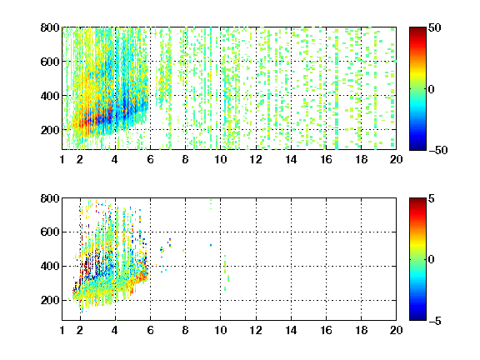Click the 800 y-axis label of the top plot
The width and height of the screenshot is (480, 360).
(x=50, y=27)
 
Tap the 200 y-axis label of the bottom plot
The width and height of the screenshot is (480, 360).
(x=50, y=300)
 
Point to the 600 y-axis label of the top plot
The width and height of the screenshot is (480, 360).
(x=50, y=62)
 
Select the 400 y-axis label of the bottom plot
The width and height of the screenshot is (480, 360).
(x=50, y=266)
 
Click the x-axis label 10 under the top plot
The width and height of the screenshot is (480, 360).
(x=220, y=159)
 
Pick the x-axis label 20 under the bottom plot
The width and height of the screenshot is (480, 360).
(x=396, y=330)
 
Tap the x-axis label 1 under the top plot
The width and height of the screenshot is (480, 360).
(x=62, y=159)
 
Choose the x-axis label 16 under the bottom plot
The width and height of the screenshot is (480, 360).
(x=326, y=330)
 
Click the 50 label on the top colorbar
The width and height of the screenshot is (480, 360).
(x=434, y=27)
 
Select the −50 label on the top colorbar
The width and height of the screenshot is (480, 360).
(x=437, y=150)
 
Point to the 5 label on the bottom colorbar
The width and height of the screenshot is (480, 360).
(x=431, y=198)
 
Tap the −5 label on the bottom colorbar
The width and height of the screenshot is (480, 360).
(x=435, y=321)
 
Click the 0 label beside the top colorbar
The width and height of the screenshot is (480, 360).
(x=431, y=89)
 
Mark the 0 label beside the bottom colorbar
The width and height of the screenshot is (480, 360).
(x=431, y=260)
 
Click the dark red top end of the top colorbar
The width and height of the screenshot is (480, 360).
(x=417, y=29)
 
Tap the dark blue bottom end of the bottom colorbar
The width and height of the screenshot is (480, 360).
(x=417, y=318)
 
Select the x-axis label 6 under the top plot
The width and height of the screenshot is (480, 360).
(x=150, y=159)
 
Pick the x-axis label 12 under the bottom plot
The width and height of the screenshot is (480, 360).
(x=256, y=330)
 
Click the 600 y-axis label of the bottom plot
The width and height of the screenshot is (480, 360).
(x=50, y=232)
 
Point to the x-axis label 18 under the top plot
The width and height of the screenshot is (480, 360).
(x=361, y=159)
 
